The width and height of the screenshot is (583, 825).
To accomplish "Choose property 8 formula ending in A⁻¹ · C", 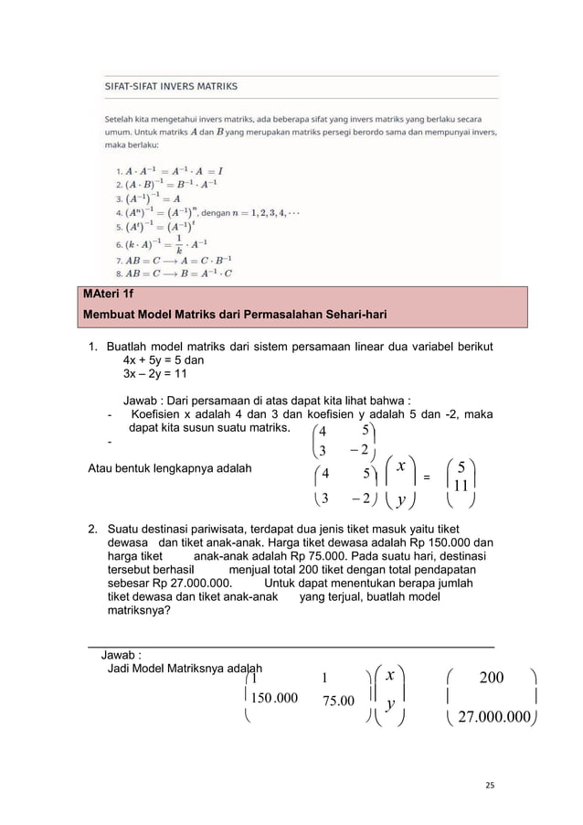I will pyautogui.click(x=177, y=272).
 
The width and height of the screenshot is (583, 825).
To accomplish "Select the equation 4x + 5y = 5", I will pyautogui.click(x=169, y=361).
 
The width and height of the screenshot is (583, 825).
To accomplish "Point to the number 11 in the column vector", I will pyautogui.click(x=462, y=487).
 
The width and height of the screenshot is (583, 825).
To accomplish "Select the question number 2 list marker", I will pyautogui.click(x=92, y=530).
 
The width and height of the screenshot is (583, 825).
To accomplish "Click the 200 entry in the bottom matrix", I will pyautogui.click(x=492, y=678).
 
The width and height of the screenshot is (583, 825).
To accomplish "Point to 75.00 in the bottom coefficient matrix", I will pyautogui.click(x=338, y=701).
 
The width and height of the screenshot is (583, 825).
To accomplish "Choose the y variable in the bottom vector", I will pyautogui.click(x=390, y=705).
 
